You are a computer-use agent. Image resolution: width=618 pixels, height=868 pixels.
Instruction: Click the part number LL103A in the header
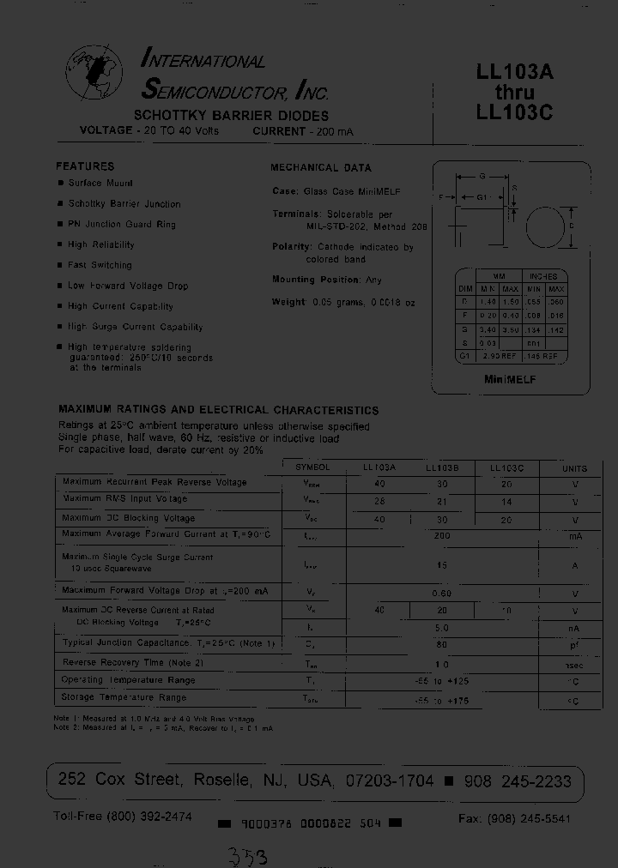click(x=514, y=74)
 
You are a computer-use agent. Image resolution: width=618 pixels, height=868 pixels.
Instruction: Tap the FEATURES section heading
click(x=85, y=166)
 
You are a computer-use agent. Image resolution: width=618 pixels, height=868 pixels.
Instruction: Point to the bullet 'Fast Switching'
click(x=100, y=265)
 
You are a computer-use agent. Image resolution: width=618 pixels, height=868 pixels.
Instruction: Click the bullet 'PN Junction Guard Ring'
click(x=122, y=225)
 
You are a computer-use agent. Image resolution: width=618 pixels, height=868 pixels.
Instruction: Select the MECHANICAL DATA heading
click(x=321, y=168)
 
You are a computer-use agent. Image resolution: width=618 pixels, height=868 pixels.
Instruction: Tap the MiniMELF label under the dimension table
click(x=510, y=379)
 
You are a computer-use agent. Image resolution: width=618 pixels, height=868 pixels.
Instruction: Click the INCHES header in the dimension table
click(x=543, y=277)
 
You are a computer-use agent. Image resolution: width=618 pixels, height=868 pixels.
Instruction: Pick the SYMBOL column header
click(x=312, y=468)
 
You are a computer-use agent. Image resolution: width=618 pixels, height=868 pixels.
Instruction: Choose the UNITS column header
click(x=574, y=468)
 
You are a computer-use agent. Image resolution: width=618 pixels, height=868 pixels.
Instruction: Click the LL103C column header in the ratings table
click(x=506, y=468)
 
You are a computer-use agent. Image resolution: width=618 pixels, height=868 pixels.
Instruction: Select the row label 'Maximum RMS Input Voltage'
click(x=124, y=498)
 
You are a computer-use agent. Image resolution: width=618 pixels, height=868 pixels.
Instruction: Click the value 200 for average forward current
click(x=442, y=535)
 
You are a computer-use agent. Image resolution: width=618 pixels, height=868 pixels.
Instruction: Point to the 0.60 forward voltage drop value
click(x=442, y=593)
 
